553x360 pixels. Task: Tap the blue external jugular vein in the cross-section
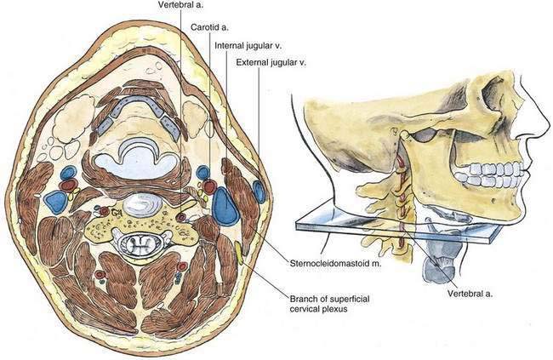point(259,189)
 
